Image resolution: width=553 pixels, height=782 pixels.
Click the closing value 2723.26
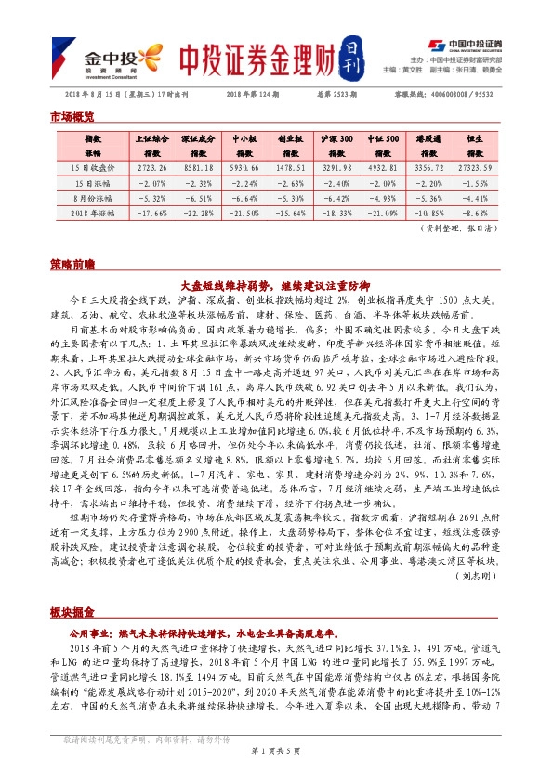(x=151, y=169)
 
